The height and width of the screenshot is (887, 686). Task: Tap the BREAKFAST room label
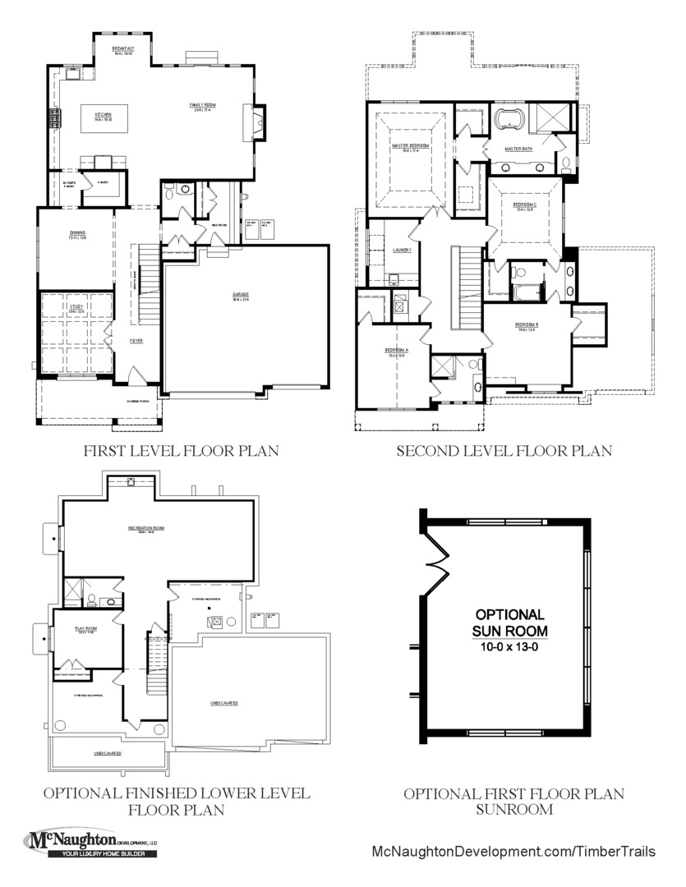[x=123, y=49]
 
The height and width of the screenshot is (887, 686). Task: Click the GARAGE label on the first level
[x=240, y=294]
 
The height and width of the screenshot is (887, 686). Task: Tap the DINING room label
[x=78, y=233]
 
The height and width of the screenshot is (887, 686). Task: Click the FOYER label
[x=136, y=340]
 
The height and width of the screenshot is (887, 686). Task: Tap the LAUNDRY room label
[x=379, y=249]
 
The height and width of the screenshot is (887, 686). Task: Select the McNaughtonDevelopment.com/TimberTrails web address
[x=513, y=851]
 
